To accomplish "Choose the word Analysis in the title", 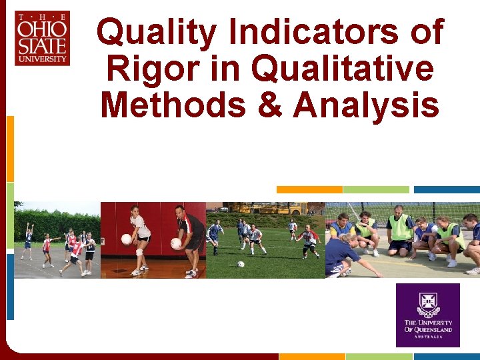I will point(365,105).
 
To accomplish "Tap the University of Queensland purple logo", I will point(427,315).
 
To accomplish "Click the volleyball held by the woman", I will point(126,239).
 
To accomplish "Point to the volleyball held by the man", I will point(176,244).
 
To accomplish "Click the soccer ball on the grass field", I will point(241,264).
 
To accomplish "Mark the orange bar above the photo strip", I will point(309,190).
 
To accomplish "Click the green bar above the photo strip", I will point(377,190).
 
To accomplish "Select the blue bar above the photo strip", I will point(446,190).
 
